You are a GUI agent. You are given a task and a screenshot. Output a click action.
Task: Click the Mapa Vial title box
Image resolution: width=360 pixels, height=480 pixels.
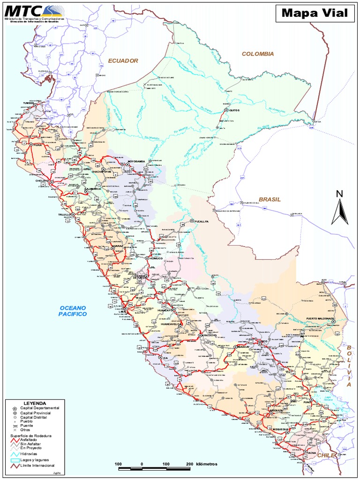tap(315, 14)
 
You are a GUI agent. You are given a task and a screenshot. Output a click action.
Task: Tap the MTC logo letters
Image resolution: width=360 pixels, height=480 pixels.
tap(22, 10)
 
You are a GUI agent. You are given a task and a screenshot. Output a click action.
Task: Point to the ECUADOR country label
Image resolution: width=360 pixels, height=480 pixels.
tap(123, 60)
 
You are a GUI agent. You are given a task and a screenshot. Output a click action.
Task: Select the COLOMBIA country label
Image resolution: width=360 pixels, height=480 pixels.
tap(257, 54)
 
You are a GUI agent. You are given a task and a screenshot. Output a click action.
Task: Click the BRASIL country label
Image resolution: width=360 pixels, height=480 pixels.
tap(270, 199)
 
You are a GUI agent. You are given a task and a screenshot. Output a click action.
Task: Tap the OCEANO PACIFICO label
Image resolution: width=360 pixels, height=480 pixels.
tap(73, 310)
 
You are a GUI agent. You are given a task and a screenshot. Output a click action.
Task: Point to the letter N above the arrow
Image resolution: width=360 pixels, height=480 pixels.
tap(340, 194)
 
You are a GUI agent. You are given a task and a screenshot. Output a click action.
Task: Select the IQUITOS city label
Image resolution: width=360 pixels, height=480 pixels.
tap(234, 111)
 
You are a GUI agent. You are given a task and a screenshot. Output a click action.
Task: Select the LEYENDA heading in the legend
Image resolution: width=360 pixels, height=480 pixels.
tap(35, 403)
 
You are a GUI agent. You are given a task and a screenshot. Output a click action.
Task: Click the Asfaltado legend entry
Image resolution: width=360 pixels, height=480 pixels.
tap(30, 440)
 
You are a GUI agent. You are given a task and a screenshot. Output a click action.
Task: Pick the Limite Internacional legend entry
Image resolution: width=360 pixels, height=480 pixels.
tap(37, 465)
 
